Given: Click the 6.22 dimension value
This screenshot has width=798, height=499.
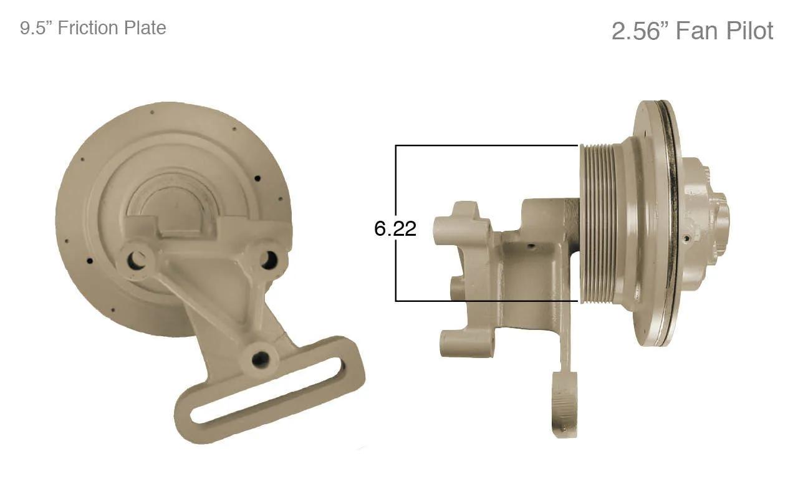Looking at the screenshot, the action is [395, 229].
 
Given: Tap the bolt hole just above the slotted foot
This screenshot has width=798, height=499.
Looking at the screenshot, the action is [260, 359].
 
